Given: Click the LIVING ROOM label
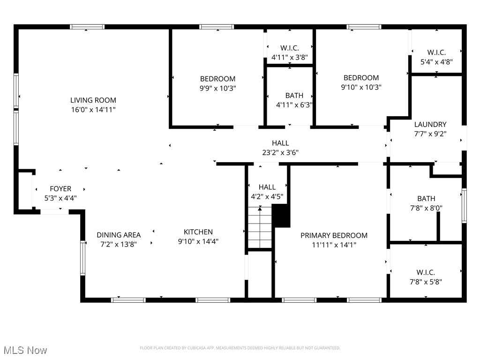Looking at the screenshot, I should pyautogui.click(x=93, y=100).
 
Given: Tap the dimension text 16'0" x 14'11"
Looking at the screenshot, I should pyautogui.click(x=93, y=110).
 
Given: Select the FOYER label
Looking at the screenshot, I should pyautogui.click(x=60, y=189).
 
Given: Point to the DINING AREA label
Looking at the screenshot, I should pyautogui.click(x=119, y=235).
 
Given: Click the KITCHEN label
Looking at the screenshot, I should pyautogui.click(x=198, y=232).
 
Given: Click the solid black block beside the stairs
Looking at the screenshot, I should pyautogui.click(x=282, y=216).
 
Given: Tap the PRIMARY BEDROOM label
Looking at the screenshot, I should pyautogui.click(x=334, y=235).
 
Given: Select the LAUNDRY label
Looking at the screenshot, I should pyautogui.click(x=430, y=124).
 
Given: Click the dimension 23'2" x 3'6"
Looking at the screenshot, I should pyautogui.click(x=280, y=152).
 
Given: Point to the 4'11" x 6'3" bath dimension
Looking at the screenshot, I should pyautogui.click(x=294, y=105).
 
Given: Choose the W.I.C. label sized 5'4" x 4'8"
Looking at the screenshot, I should pyautogui.click(x=436, y=52).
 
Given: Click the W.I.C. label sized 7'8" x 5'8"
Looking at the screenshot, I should pyautogui.click(x=426, y=272).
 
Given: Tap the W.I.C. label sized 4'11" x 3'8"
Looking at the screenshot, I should pyautogui.click(x=289, y=48).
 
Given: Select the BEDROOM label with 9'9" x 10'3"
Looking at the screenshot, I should pyautogui.click(x=217, y=79).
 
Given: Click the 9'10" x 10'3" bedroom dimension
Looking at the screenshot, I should pyautogui.click(x=361, y=87).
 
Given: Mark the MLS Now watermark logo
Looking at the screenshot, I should pyautogui.click(x=25, y=350).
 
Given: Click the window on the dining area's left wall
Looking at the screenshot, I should pyautogui.click(x=83, y=258).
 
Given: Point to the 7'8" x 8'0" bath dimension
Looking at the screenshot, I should pyautogui.click(x=426, y=208).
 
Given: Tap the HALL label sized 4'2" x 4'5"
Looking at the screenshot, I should pyautogui.click(x=267, y=187).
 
